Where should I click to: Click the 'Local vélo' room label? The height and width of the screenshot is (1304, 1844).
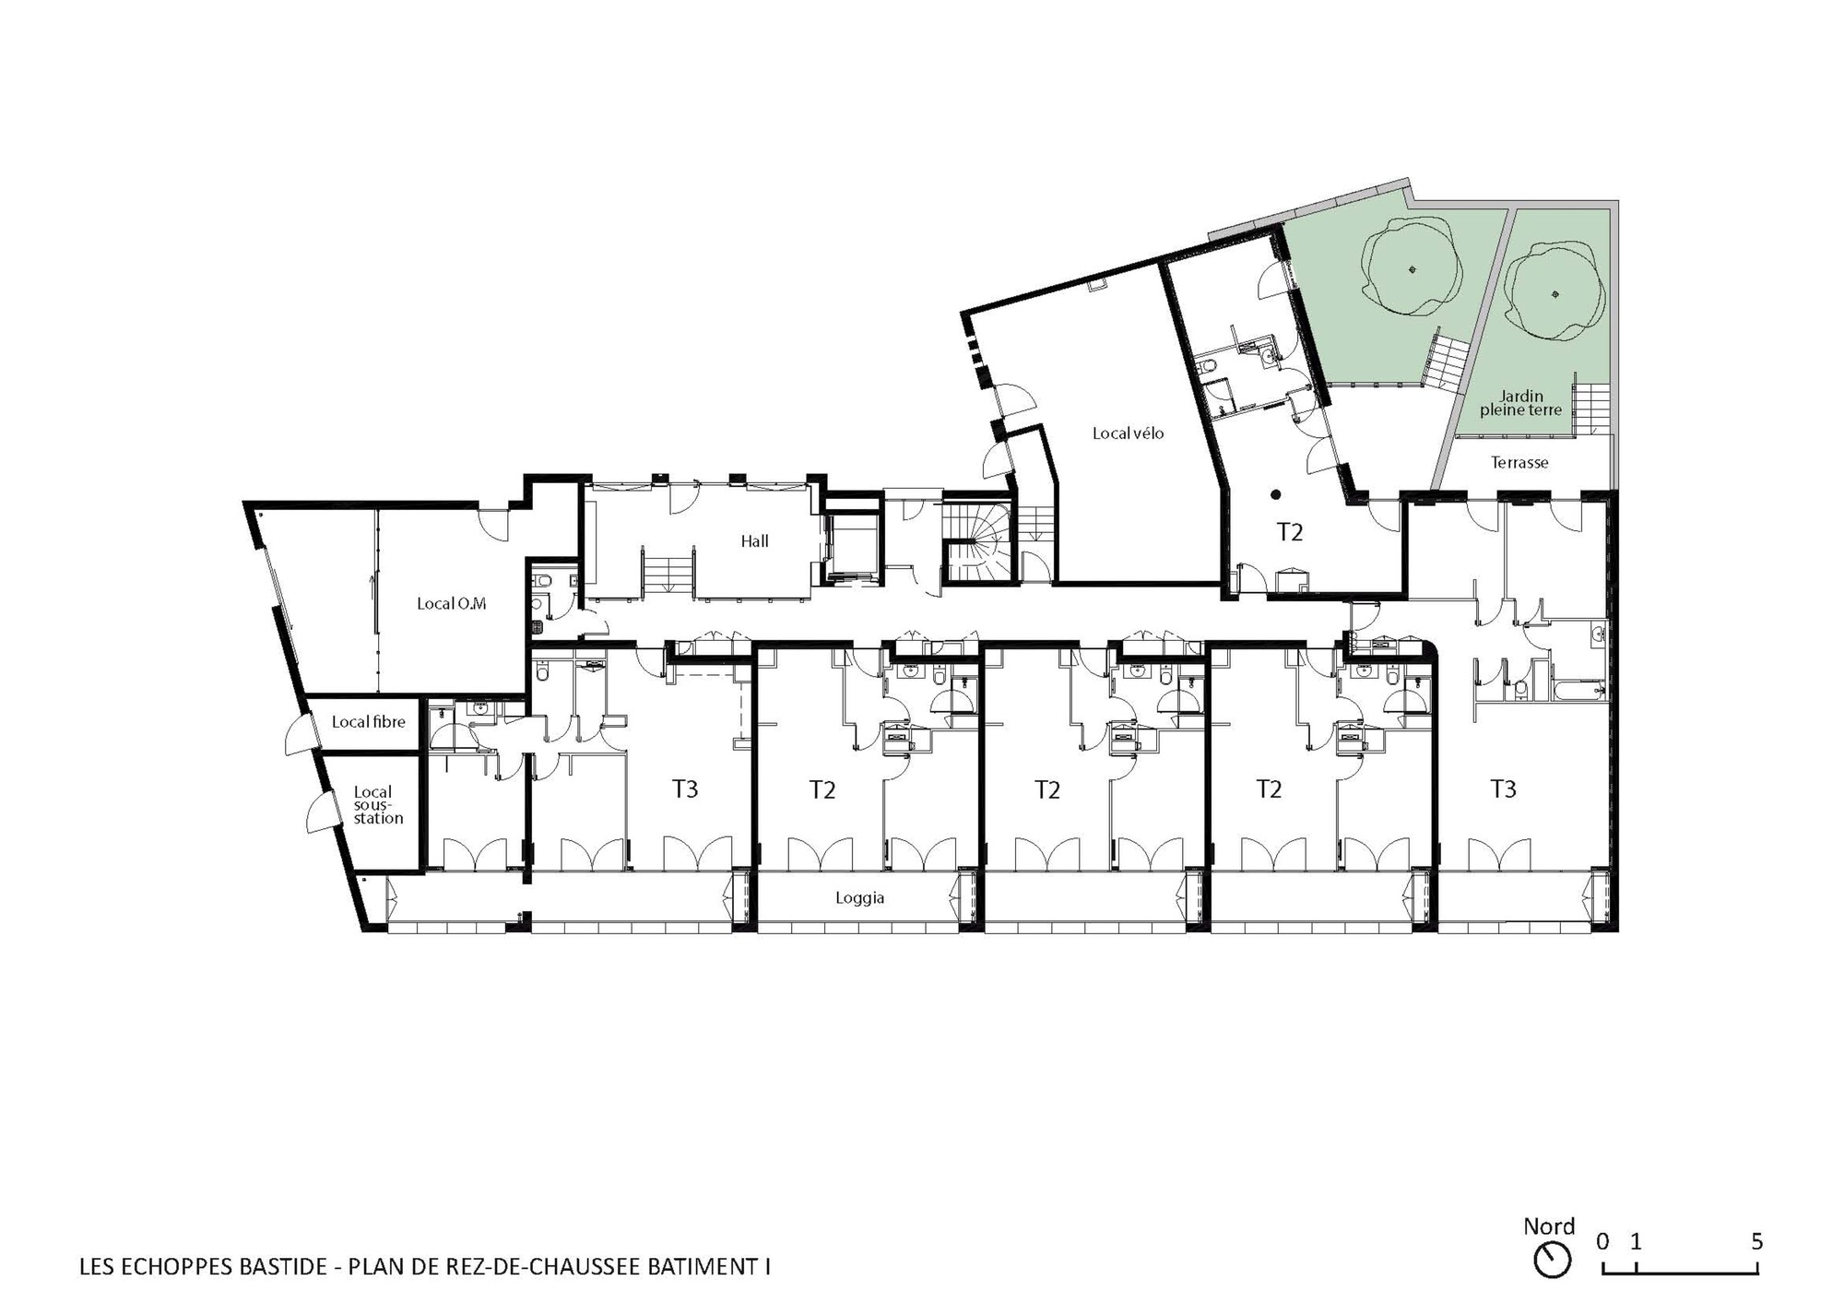click(1128, 433)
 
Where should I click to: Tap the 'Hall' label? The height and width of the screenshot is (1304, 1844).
click(755, 541)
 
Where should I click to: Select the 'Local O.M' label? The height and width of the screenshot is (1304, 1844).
click(451, 604)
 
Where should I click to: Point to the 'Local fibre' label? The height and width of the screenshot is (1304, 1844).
click(369, 722)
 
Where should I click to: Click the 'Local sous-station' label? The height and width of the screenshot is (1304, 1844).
click(378, 805)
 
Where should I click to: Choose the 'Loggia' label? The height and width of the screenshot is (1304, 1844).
click(860, 898)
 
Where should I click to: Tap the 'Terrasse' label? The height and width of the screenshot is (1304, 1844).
click(1519, 463)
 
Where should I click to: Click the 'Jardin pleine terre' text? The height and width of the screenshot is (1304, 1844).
click(1521, 403)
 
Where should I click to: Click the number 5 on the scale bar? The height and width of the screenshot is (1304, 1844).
click(1756, 1241)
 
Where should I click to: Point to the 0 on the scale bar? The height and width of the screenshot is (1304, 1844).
click(1603, 1241)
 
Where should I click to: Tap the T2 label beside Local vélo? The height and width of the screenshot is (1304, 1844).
click(1290, 532)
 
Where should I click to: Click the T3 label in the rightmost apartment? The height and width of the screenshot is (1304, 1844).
click(1503, 788)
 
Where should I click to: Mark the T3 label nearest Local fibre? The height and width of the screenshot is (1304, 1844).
click(685, 788)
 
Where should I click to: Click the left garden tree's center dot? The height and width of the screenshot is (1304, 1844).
click(1413, 269)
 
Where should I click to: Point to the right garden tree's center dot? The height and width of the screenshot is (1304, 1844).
click(1555, 295)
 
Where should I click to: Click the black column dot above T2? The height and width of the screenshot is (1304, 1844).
click(1276, 495)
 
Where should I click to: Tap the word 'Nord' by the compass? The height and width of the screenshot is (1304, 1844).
click(1549, 1227)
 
